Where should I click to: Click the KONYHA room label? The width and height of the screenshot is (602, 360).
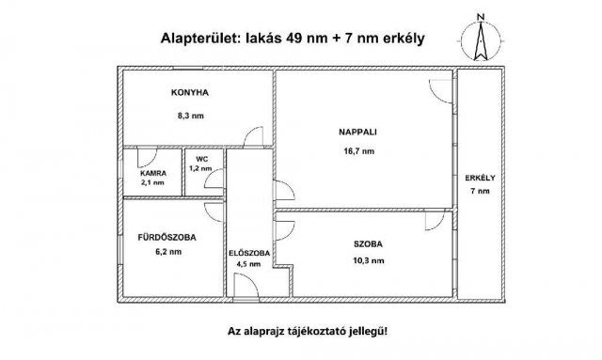[x=189, y=94]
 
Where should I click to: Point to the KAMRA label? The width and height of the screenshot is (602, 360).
[x=152, y=174]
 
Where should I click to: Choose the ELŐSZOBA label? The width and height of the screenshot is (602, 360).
[x=249, y=254]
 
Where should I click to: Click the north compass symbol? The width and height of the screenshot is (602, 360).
[x=480, y=41]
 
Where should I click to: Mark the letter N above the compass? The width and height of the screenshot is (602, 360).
[x=480, y=17]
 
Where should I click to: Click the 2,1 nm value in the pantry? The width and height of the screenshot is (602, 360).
[x=152, y=183]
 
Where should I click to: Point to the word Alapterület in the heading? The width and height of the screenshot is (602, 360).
[x=201, y=39]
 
